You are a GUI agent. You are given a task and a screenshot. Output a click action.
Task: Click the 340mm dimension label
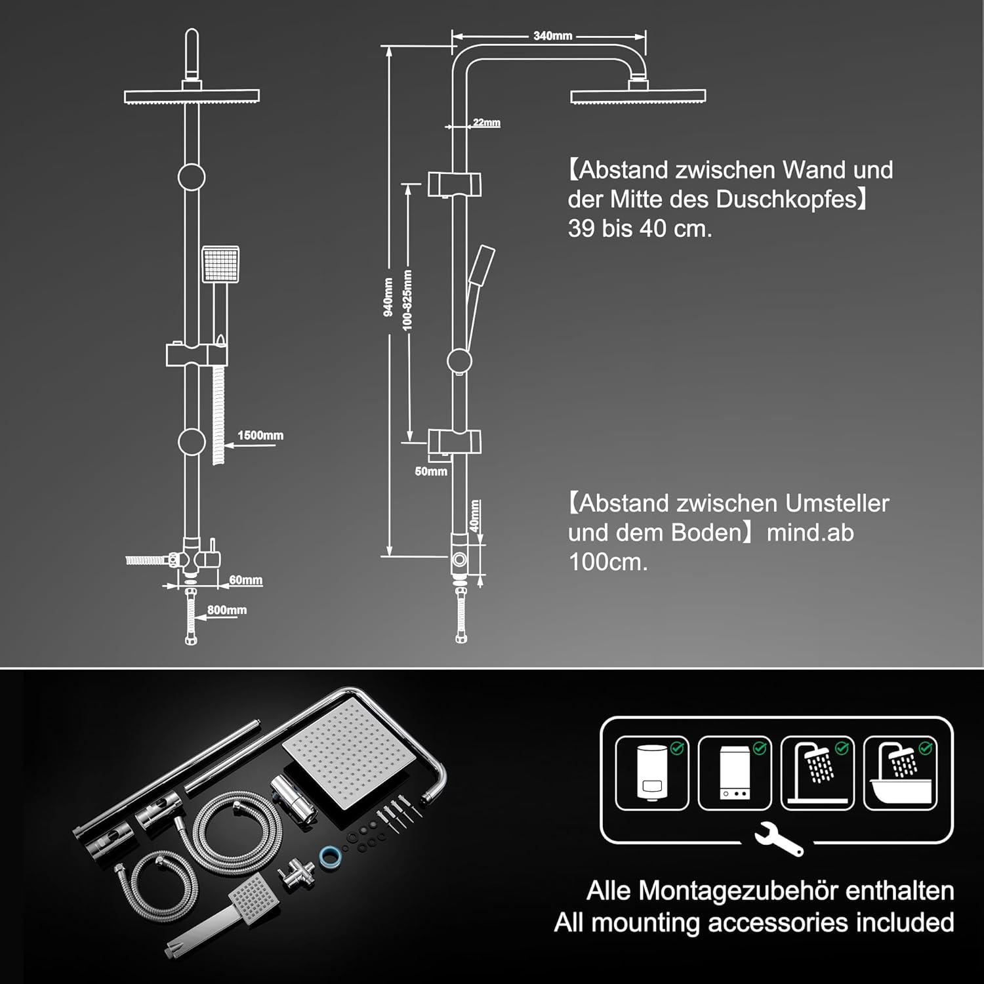coord(553,36)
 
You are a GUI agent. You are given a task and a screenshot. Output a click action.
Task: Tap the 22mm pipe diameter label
coord(487,123)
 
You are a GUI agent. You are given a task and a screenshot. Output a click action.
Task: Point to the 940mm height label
coord(388,297)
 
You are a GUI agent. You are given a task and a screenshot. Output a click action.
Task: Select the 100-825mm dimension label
coord(408,300)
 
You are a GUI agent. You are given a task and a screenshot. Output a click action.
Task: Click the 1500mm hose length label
coord(260,436)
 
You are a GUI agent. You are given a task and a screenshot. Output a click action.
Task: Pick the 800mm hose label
coord(227,610)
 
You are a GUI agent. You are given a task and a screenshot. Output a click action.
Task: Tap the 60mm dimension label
coord(246,580)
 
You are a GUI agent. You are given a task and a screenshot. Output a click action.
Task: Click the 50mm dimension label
coord(431,471)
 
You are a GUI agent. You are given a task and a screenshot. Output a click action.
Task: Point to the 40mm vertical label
coord(475,516)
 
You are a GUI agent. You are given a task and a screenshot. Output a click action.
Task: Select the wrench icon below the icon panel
coord(778,842)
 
